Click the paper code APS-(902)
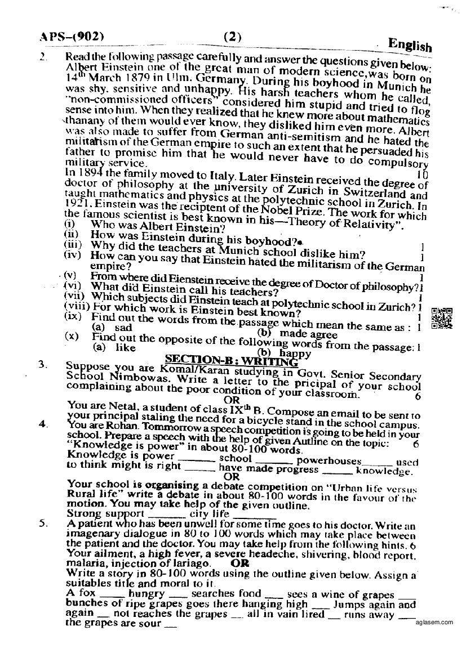[x=72, y=38]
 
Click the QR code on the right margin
[x=442, y=318]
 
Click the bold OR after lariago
[x=240, y=563]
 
